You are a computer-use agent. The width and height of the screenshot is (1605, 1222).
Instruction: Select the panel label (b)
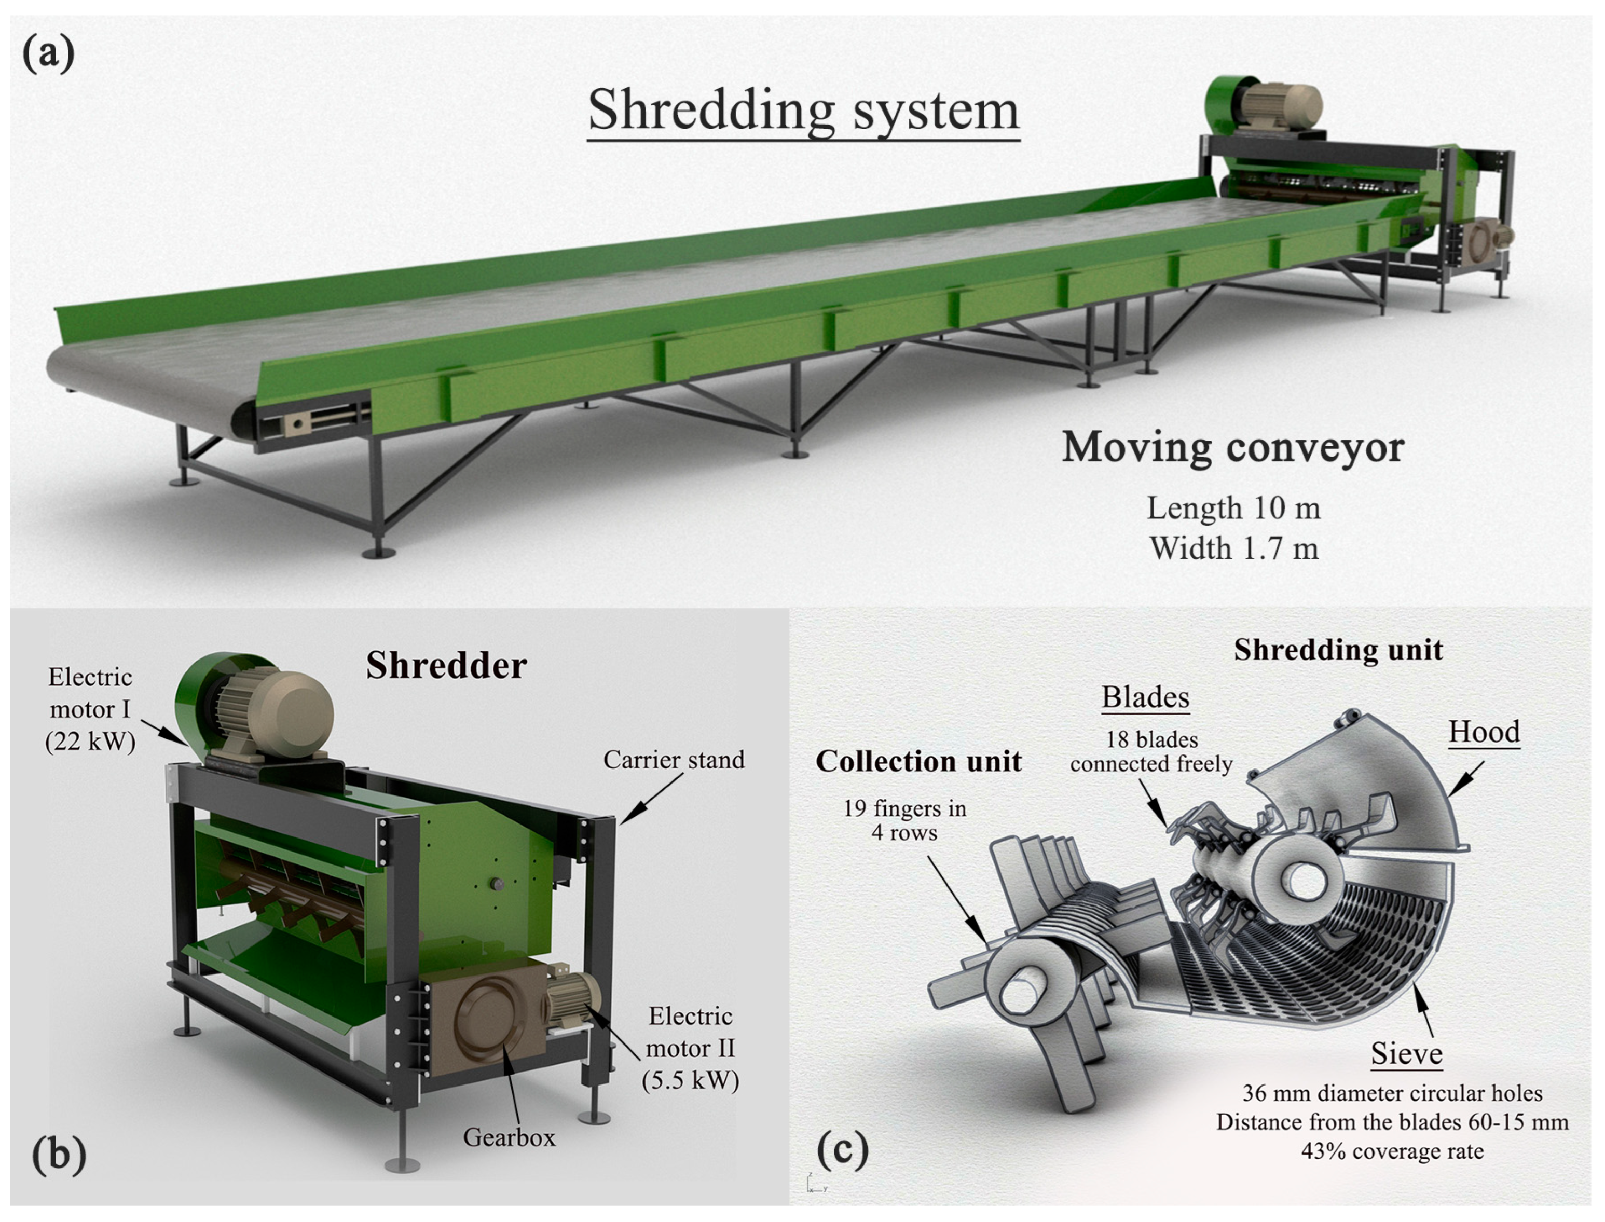(58, 1155)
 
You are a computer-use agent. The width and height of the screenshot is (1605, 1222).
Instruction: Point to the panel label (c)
(842, 1149)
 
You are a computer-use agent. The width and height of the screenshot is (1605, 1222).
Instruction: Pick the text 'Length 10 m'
(1233, 507)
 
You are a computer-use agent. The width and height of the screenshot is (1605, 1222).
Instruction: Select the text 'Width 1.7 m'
(1233, 548)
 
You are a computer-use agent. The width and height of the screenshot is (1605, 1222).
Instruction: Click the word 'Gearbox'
(509, 1137)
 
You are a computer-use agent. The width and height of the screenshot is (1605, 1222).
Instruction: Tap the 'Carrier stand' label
(674, 760)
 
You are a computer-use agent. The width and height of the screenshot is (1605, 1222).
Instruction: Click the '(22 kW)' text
(90, 741)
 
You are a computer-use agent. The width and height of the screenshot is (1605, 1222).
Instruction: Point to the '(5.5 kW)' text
(690, 1080)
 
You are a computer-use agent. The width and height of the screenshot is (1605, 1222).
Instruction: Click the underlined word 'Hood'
(1484, 732)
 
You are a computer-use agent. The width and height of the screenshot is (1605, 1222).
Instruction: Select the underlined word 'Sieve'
(1406, 1054)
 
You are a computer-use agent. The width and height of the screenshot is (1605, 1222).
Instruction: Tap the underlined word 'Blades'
(1145, 697)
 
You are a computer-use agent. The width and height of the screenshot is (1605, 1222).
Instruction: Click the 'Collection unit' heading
(918, 762)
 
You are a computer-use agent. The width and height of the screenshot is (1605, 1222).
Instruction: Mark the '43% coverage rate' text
(1392, 1151)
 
